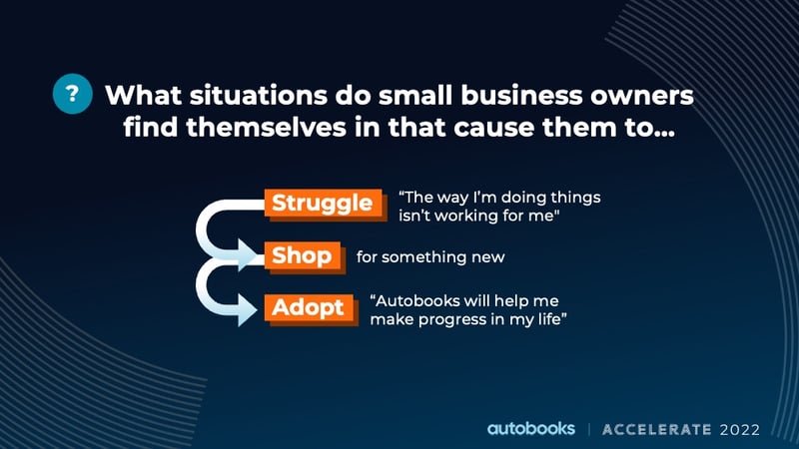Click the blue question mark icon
pyautogui.click(x=72, y=94)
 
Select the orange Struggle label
pyautogui.click(x=324, y=204)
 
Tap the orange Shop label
pyautogui.click(x=304, y=256)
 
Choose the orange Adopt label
pyautogui.click(x=310, y=309)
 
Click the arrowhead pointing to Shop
pyautogui.click(x=249, y=255)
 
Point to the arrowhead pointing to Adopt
pyautogui.click(x=248, y=309)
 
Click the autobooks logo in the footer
pyautogui.click(x=531, y=429)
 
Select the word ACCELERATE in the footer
pyautogui.click(x=656, y=430)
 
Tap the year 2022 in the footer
pyautogui.click(x=740, y=430)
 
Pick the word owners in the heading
pyautogui.click(x=641, y=96)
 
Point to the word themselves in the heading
pyautogui.click(x=266, y=127)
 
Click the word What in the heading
pyautogui.click(x=144, y=95)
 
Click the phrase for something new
pyautogui.click(x=430, y=257)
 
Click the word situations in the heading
pyautogui.click(x=259, y=95)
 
